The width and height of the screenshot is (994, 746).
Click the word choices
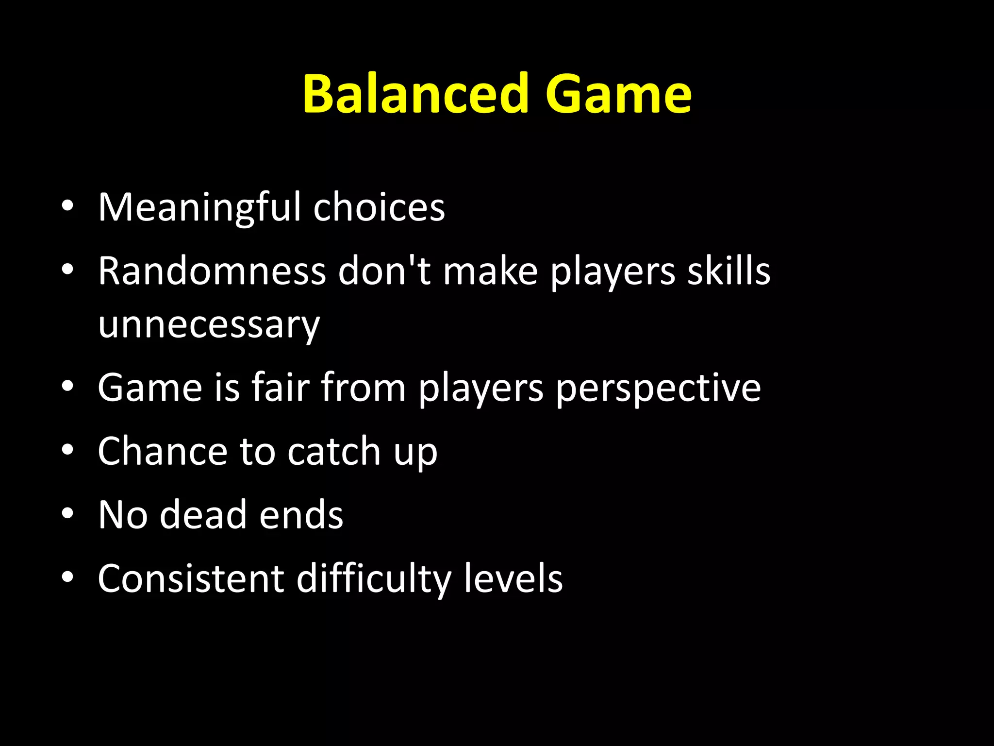point(379,208)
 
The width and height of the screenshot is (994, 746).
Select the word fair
point(281,388)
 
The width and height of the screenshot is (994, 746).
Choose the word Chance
point(163,452)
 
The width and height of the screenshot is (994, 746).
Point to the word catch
point(334,452)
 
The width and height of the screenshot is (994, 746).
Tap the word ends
point(301,515)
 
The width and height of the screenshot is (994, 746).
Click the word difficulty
point(374,579)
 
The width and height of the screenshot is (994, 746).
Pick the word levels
point(513,579)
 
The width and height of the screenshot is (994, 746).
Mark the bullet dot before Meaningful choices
point(67,206)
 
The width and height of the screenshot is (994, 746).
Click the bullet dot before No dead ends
point(67,513)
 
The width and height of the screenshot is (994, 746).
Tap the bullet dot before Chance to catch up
point(67,450)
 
